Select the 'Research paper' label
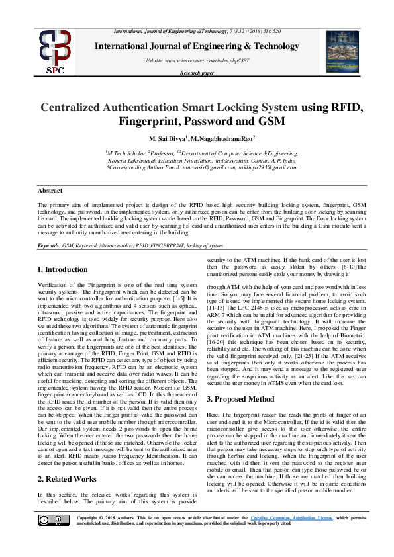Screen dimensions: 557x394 197,73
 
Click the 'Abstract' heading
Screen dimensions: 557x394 50,191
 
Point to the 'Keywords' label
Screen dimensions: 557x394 48,245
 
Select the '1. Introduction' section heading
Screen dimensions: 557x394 62,269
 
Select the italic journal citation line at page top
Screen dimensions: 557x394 197,32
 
